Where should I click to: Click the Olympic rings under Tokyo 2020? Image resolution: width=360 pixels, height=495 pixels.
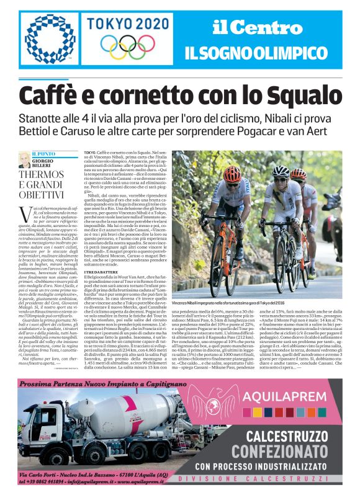[128, 46]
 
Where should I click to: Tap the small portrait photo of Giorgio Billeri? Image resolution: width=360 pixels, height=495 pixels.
[25, 159]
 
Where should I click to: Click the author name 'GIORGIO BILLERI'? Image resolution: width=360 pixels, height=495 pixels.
[42, 163]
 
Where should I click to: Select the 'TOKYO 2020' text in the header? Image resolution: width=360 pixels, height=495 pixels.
[128, 24]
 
